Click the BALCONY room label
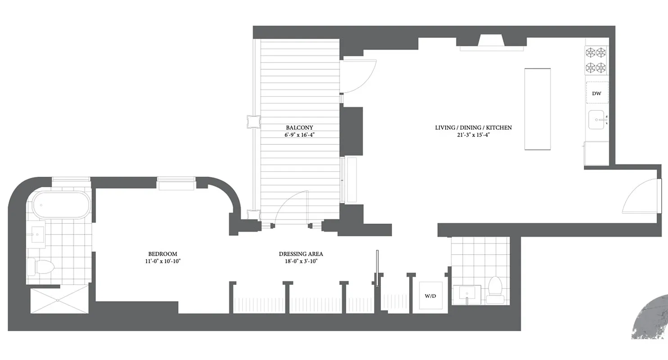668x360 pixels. tap(299, 127)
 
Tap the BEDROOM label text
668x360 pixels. tap(162, 254)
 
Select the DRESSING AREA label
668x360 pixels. tap(301, 254)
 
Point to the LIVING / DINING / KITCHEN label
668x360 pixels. tap(473, 127)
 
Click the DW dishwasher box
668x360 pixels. tap(597, 94)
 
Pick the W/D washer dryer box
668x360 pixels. tap(431, 296)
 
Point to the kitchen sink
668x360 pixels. tap(597, 120)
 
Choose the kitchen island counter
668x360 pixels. tap(537, 109)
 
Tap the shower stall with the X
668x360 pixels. tap(59, 301)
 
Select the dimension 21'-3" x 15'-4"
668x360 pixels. tap(473, 135)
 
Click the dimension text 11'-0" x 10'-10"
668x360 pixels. tap(162, 261)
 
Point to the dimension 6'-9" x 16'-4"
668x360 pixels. tap(299, 135)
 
